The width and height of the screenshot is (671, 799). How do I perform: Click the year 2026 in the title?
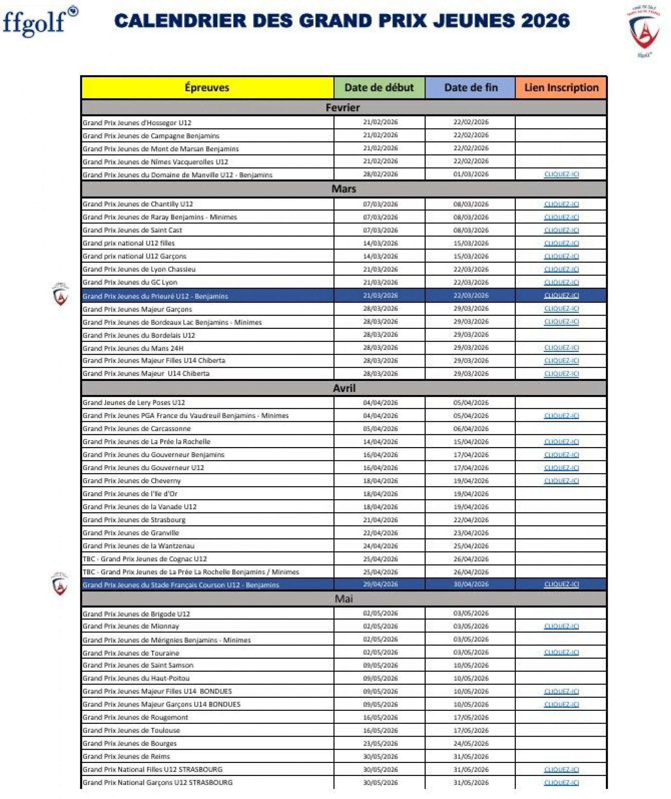(545, 21)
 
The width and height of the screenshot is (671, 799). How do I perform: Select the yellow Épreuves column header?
(207, 88)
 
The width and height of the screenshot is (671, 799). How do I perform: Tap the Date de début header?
(379, 88)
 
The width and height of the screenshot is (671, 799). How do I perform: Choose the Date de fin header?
(470, 88)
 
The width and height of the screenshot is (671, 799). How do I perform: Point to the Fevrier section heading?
(343, 108)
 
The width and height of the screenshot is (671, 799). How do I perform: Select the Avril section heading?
(344, 388)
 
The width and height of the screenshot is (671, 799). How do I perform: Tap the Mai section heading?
(344, 599)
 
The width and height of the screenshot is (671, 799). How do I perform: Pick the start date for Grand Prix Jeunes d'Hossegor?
(380, 122)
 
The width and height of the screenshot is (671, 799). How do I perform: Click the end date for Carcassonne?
(470, 429)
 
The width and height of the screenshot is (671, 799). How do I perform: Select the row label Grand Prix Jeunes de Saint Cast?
(132, 230)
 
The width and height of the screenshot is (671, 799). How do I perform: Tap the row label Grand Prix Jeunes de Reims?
(126, 756)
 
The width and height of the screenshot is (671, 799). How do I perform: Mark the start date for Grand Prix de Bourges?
(380, 743)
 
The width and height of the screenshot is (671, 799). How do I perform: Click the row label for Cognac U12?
(145, 559)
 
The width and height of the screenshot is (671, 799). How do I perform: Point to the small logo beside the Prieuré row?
(60, 294)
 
